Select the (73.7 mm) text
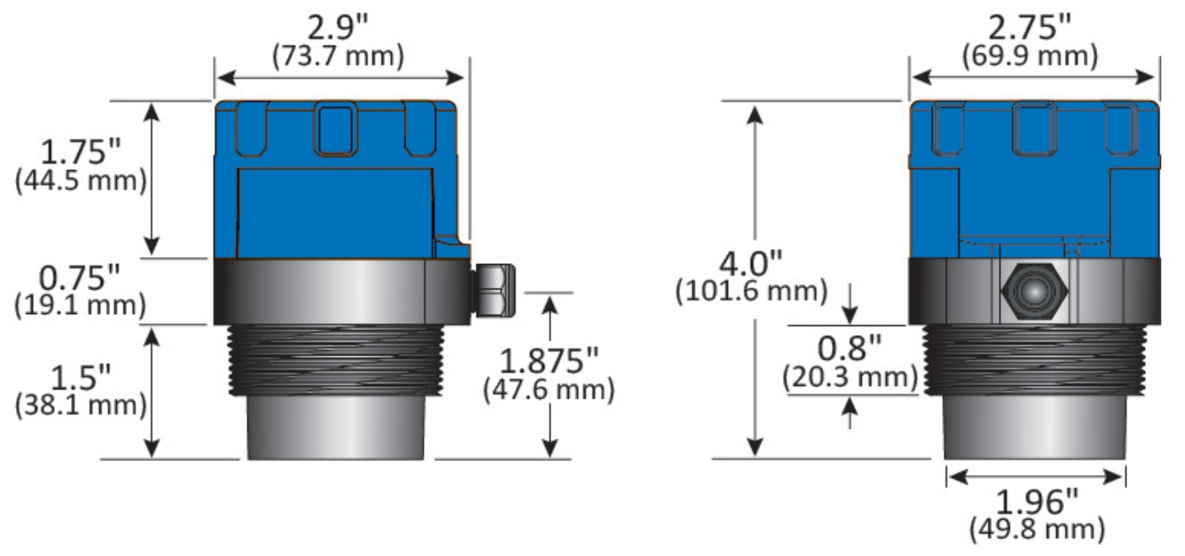coord(338,56)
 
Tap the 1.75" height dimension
coord(82,154)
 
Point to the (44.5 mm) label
coord(81,182)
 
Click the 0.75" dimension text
coord(81,278)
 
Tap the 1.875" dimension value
coord(550,361)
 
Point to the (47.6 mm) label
coord(548,390)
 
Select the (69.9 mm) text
coord(1031,56)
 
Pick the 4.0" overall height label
coord(751,262)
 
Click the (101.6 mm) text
coord(750,292)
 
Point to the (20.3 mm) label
coord(850,376)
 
